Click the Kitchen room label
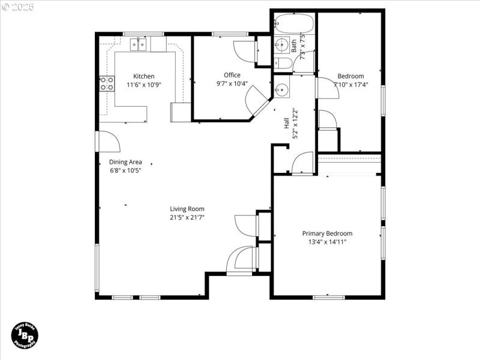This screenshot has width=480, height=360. coord(144,76)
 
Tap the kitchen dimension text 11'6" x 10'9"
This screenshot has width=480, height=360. coord(144,85)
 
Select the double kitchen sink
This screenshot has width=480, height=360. coord(139,44)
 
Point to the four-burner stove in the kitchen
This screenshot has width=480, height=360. coord(107,83)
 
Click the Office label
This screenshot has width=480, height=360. coord(232,75)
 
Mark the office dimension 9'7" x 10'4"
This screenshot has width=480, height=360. coord(232,84)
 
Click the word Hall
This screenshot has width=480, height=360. coord(287,124)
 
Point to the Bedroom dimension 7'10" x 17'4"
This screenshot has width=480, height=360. coord(350,85)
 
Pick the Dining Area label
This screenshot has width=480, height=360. coord(125,162)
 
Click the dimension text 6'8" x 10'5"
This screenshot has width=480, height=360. coord(125,171)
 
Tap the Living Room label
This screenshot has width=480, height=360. coord(187,209)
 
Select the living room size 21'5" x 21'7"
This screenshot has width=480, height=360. coord(187,218)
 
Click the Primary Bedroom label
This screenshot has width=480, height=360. coord(327,233)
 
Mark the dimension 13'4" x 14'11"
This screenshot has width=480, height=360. coord(327,242)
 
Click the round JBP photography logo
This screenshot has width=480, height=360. coord(26,335)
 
